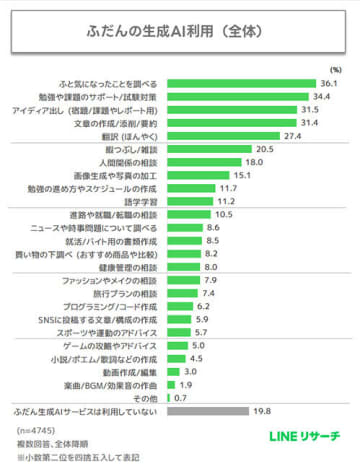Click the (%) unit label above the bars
coord(335,69)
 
